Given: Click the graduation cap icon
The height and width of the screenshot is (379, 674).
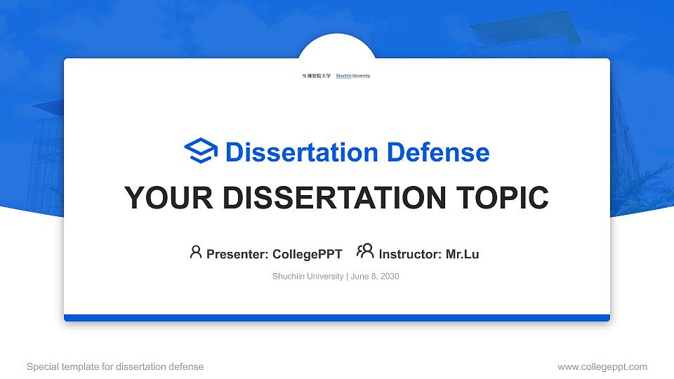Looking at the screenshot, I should click(x=201, y=152).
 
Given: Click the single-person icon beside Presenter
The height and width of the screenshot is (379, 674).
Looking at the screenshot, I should click(x=196, y=252).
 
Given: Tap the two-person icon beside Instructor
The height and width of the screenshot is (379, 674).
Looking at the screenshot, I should click(x=365, y=251).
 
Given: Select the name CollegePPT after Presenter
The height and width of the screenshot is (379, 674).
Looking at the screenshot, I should click(x=308, y=254).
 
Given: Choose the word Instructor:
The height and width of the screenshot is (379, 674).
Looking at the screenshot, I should click(x=411, y=254).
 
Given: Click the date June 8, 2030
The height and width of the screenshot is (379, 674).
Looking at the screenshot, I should click(x=374, y=277).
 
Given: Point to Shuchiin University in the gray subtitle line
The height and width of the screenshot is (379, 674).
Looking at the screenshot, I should click(x=308, y=277).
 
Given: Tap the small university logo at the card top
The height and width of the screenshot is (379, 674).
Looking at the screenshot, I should click(x=336, y=75).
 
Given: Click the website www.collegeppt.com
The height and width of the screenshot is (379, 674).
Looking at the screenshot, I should click(x=602, y=366).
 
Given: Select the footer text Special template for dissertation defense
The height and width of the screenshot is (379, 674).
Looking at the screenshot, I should click(x=115, y=366).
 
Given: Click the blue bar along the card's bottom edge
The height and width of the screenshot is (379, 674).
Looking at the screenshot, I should click(x=337, y=318).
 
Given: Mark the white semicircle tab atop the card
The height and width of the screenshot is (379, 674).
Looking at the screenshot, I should click(x=337, y=46).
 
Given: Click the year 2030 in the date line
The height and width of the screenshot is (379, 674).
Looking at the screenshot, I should click(x=389, y=277).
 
